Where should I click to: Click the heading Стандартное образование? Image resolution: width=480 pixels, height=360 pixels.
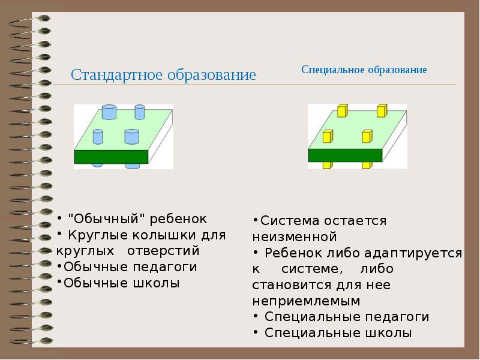click(x=163, y=76)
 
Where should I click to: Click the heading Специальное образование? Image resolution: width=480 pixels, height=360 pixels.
click(x=364, y=70)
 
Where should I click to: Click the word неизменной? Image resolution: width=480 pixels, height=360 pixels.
click(x=294, y=236)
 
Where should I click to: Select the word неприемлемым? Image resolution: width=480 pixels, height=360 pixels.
click(x=306, y=301)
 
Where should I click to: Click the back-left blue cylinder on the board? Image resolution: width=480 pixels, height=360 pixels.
click(x=109, y=112)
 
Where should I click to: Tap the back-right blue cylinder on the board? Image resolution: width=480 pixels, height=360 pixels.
click(x=140, y=112)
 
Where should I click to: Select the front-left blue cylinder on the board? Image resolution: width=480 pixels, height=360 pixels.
click(x=98, y=137)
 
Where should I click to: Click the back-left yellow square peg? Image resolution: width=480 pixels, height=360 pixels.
click(x=342, y=110)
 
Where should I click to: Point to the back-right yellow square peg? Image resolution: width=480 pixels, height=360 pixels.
click(x=381, y=110)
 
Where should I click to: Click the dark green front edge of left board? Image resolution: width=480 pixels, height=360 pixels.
click(x=111, y=157)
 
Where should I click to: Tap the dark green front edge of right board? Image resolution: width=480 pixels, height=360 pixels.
click(x=345, y=155)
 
